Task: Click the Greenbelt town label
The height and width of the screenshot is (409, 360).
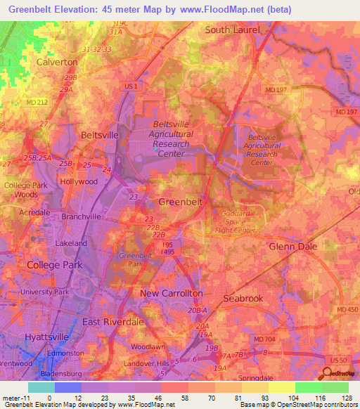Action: click(181, 202)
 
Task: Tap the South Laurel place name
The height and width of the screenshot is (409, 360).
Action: click(232, 30)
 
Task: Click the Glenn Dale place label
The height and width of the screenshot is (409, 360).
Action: click(293, 247)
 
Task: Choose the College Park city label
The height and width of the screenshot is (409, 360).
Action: click(54, 265)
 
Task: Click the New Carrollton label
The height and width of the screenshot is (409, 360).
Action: click(172, 293)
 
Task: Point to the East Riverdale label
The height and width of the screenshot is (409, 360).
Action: click(112, 321)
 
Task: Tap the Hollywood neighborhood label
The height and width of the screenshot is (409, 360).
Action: click(79, 181)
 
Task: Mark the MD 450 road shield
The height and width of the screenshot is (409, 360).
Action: click(347, 310)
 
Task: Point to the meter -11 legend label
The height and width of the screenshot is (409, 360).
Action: click(14, 398)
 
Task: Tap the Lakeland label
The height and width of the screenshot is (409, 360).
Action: click(71, 243)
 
